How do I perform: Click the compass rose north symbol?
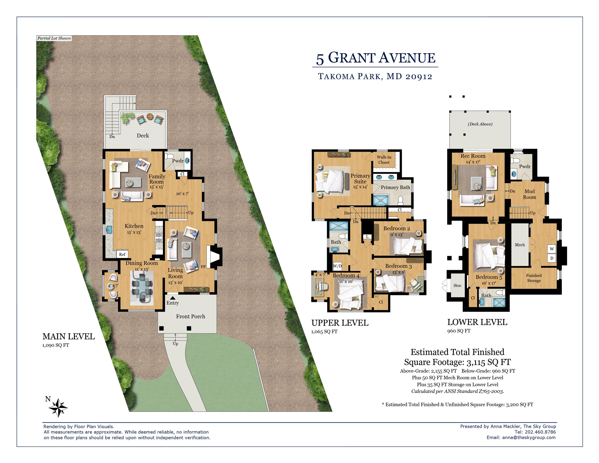pyautogui.click(x=58, y=407)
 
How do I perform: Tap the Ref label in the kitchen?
pyautogui.click(x=122, y=254)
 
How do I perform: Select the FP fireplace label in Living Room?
pyautogui.click(x=203, y=267)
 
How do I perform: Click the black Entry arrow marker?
pyautogui.click(x=173, y=298)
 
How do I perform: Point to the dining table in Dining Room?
pyautogui.click(x=142, y=287)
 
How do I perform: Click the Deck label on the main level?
pyautogui.click(x=143, y=135)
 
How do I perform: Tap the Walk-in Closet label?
pyautogui.click(x=384, y=160)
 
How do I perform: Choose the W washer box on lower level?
pyautogui.click(x=552, y=249)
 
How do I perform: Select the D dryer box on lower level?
pyautogui.click(x=552, y=258)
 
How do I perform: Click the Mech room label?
pyautogui.click(x=520, y=245)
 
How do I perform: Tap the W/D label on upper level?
pyautogui.click(x=337, y=266)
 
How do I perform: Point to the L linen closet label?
pyautogui.click(x=367, y=237)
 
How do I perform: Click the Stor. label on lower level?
pyautogui.click(x=457, y=285)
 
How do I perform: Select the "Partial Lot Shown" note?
pyautogui.click(x=54, y=38)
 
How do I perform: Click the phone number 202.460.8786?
pyautogui.click(x=540, y=432)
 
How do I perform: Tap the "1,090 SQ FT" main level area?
pyautogui.click(x=56, y=345)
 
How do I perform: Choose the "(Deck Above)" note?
pyautogui.click(x=480, y=124)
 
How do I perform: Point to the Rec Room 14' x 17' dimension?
pyautogui.click(x=473, y=162)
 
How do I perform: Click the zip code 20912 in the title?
pyautogui.click(x=419, y=76)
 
